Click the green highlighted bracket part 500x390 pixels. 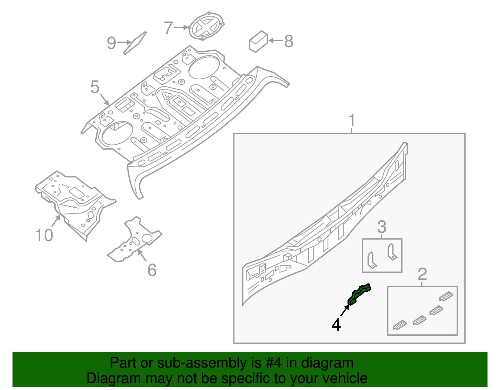pyautogui.click(x=359, y=294)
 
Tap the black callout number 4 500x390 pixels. pyautogui.click(x=336, y=325)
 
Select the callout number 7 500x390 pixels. pyautogui.click(x=168, y=28)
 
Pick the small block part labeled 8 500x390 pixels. pyautogui.click(x=258, y=42)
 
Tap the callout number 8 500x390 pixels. pyautogui.click(x=288, y=41)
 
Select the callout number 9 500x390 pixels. pyautogui.click(x=112, y=43)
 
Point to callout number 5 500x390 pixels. pyautogui.click(x=95, y=87)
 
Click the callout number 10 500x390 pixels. pyautogui.click(x=44, y=235)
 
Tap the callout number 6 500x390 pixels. pyautogui.click(x=152, y=270)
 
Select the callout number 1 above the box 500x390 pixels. pyautogui.click(x=352, y=120)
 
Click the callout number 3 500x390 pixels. pyautogui.click(x=382, y=227)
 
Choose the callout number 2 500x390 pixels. pyautogui.click(x=422, y=274)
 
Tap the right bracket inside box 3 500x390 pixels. pyautogui.click(x=392, y=252)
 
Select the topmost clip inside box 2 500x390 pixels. pyautogui.click(x=446, y=296)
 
